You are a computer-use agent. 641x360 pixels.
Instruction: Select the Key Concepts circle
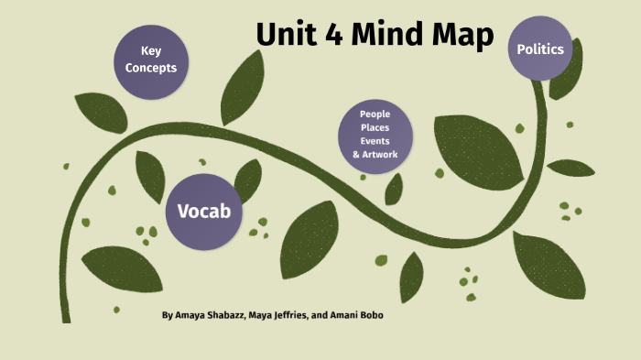[151, 60]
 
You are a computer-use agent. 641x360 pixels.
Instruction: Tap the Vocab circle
[203, 212]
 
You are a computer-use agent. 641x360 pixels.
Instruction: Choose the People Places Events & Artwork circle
[375, 135]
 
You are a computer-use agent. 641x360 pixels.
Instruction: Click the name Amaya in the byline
[193, 315]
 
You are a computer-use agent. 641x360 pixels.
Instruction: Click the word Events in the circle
[375, 141]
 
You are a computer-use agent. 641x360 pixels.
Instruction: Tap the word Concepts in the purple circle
[151, 68]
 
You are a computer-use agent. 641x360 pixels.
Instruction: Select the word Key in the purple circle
[151, 51]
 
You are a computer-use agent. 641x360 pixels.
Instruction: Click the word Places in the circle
[375, 128]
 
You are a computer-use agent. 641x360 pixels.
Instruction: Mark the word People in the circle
[375, 115]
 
